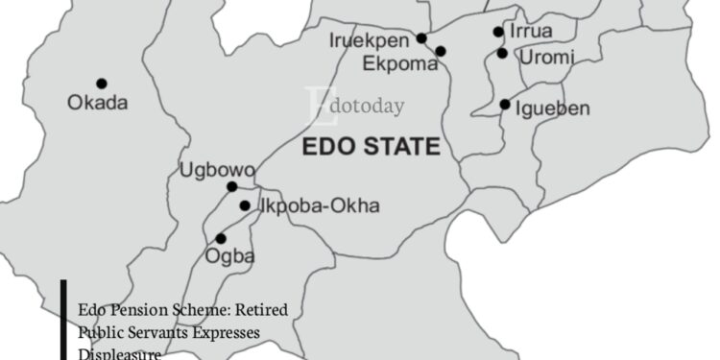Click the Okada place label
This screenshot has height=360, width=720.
click(x=97, y=103)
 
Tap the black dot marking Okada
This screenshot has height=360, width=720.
click(x=102, y=84)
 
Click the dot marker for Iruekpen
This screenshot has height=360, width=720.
click(x=420, y=38)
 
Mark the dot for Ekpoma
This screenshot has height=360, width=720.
click(x=441, y=51)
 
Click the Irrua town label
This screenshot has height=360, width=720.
click(x=531, y=32)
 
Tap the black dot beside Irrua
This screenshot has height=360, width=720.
click(x=498, y=32)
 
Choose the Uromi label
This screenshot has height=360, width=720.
click(x=546, y=58)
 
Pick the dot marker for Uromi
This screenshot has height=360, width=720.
click(x=502, y=54)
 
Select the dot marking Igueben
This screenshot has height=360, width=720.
click(x=505, y=104)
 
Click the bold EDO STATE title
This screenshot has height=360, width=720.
click(x=371, y=147)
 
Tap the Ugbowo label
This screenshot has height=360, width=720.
click(x=218, y=172)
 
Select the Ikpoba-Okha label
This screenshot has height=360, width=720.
click(x=320, y=205)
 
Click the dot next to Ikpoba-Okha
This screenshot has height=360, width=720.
click(x=245, y=205)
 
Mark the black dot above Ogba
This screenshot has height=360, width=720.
click(x=221, y=238)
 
